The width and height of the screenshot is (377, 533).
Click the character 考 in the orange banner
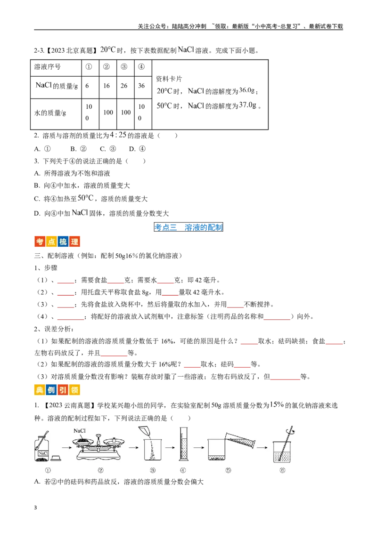coord(39,242)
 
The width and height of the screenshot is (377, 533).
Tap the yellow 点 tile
coord(50,242)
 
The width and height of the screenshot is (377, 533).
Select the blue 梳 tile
coord(62,242)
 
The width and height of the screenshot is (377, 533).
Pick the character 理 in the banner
coord(74,242)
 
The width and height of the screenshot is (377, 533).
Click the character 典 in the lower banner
coord(39,391)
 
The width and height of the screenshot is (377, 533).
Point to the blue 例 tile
coord(50,391)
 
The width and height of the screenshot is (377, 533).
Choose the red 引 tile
coord(62,391)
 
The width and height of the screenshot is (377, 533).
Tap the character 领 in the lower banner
coord(74,391)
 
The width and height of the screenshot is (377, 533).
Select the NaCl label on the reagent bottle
coord(43,453)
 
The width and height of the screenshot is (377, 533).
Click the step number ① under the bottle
coord(47,470)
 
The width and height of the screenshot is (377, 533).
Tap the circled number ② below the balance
coord(100,470)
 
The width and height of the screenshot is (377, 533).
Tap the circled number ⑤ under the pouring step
coord(228,470)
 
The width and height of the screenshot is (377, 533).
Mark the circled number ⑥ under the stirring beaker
coord(282,470)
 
